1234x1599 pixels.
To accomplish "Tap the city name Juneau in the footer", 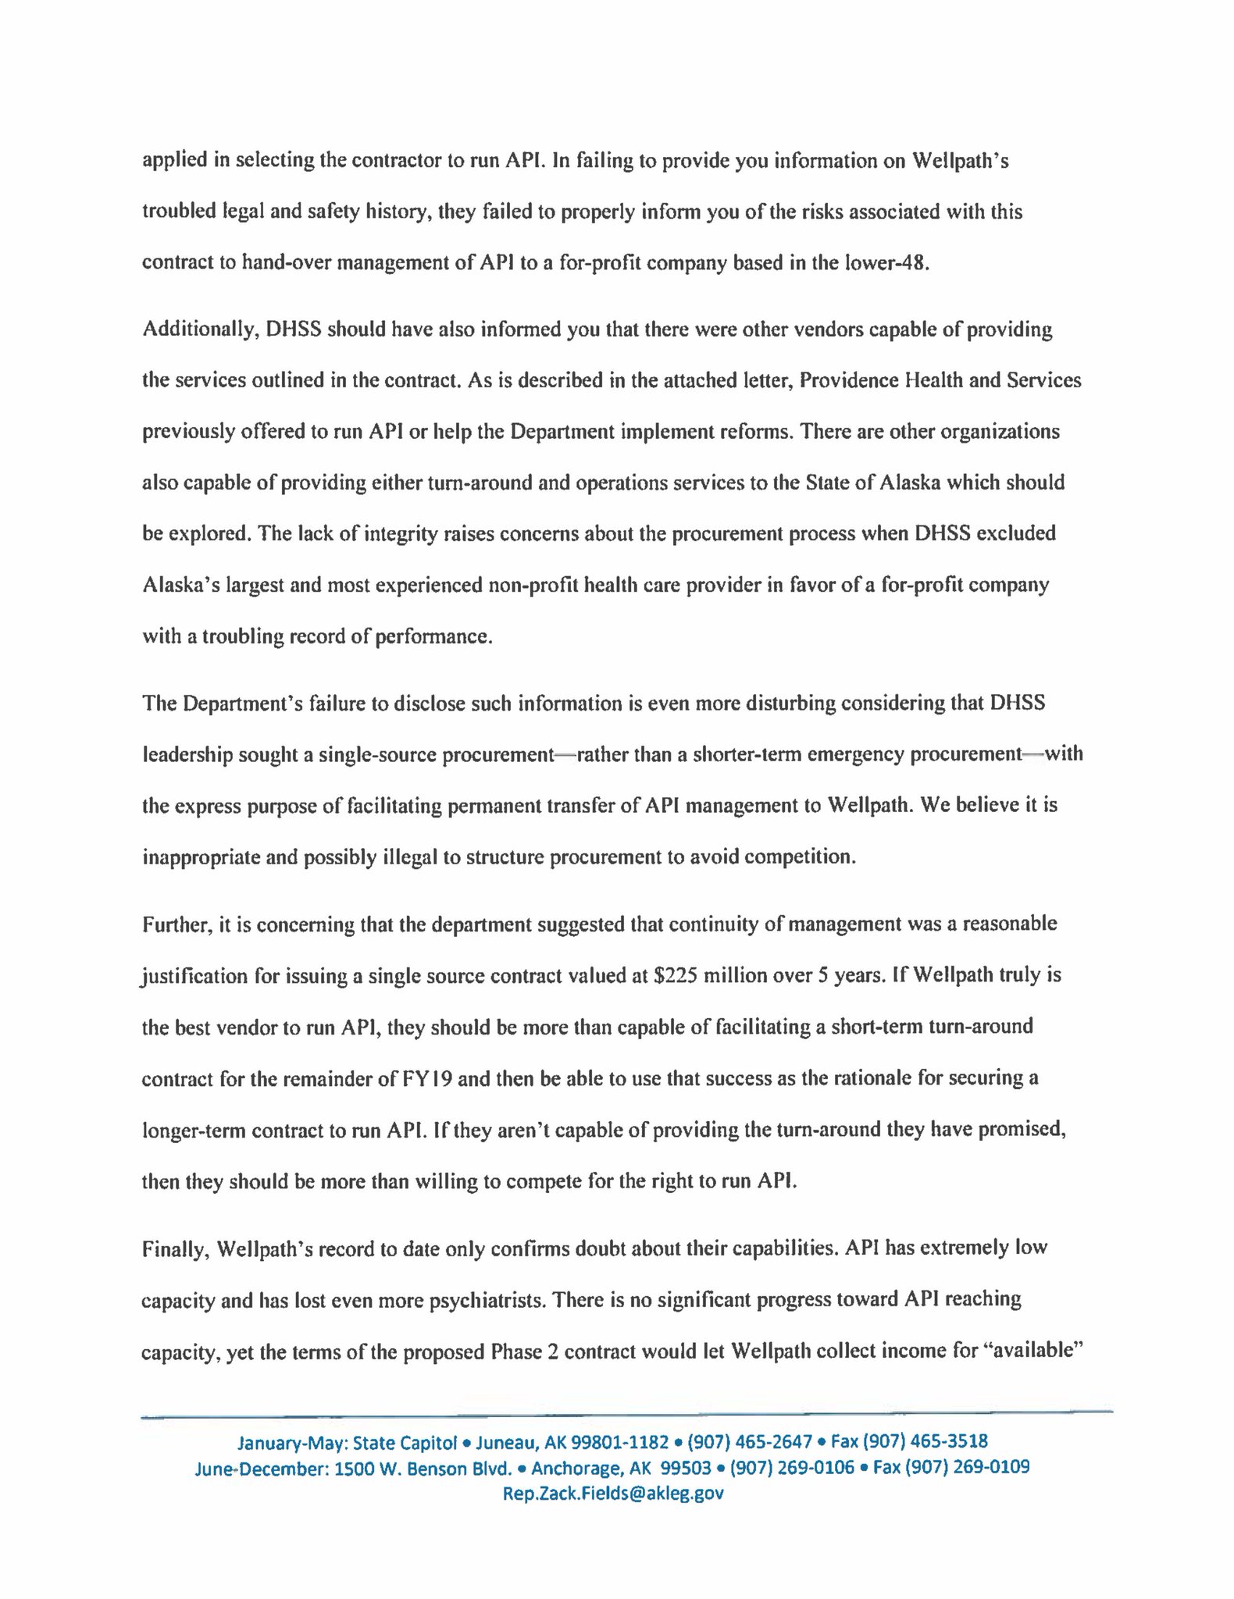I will coord(507,1441).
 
